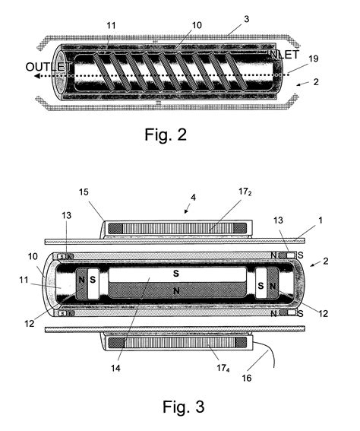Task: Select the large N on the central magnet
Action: pos(176,290)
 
